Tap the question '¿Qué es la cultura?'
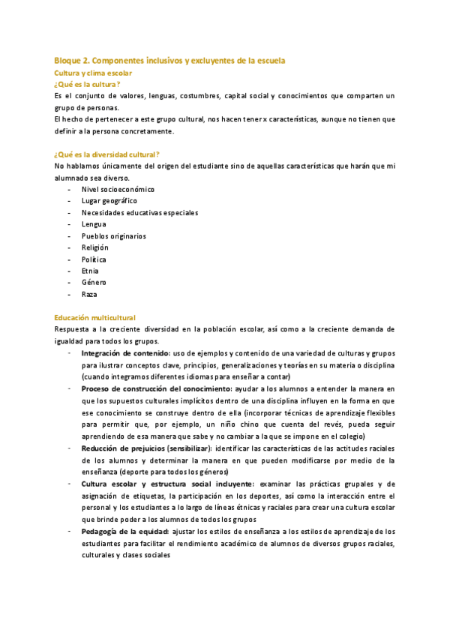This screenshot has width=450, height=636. pos(88,85)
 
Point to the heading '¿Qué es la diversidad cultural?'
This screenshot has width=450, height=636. pos(107,154)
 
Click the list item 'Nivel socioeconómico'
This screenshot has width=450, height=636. pos(114,189)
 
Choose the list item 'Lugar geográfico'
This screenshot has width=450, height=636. pos(109,201)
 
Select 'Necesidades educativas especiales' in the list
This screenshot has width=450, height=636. pos(140,213)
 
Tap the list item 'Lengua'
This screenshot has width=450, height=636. pos(94,224)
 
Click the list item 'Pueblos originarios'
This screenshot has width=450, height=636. pos(114,235)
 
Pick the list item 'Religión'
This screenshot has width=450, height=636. pos(95,247)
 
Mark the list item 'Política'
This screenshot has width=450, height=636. pos(94,259)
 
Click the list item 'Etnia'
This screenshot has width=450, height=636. pos(90,271)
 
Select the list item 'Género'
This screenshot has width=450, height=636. pos(94,282)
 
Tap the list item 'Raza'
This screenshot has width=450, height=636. pos(89,294)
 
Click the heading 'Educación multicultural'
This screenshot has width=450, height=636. pos(95,318)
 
